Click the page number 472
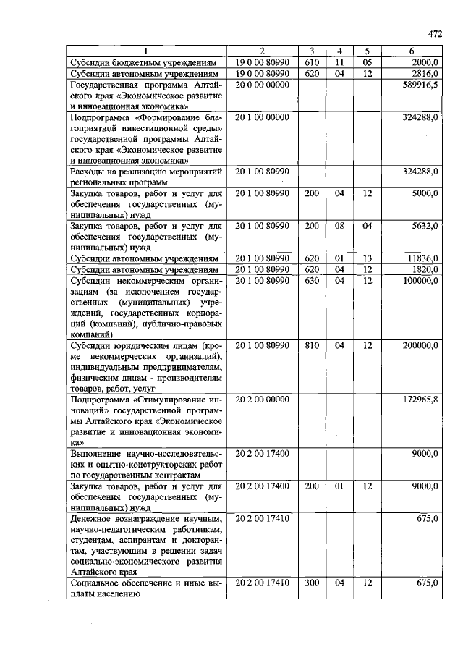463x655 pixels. point(434,33)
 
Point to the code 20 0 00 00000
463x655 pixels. point(262,85)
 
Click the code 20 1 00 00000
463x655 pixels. point(262,117)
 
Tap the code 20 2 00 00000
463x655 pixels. point(262,400)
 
